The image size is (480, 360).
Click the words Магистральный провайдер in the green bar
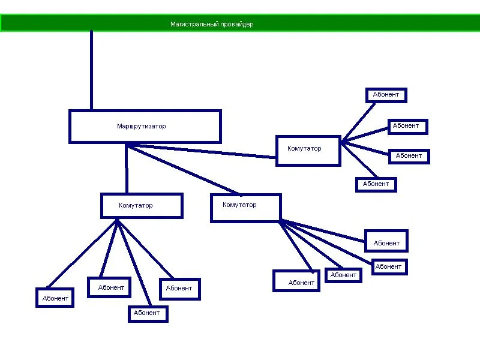(212, 25)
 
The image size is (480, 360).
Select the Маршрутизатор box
(145, 127)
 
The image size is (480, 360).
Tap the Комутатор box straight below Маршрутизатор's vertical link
(142, 205)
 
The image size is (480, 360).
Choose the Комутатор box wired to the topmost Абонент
(308, 150)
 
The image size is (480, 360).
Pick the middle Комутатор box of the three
(246, 208)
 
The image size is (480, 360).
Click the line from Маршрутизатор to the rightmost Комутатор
(204, 151)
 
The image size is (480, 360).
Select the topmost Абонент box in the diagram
(386, 95)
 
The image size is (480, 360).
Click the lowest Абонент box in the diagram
(147, 313)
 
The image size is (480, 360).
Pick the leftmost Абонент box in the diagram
(55, 298)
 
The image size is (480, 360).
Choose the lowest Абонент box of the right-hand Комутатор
(376, 184)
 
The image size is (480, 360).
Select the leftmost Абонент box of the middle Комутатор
(296, 281)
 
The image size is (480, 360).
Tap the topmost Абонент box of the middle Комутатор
(386, 241)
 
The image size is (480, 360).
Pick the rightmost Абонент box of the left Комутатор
(179, 289)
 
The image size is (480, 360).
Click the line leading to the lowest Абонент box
(134, 264)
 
